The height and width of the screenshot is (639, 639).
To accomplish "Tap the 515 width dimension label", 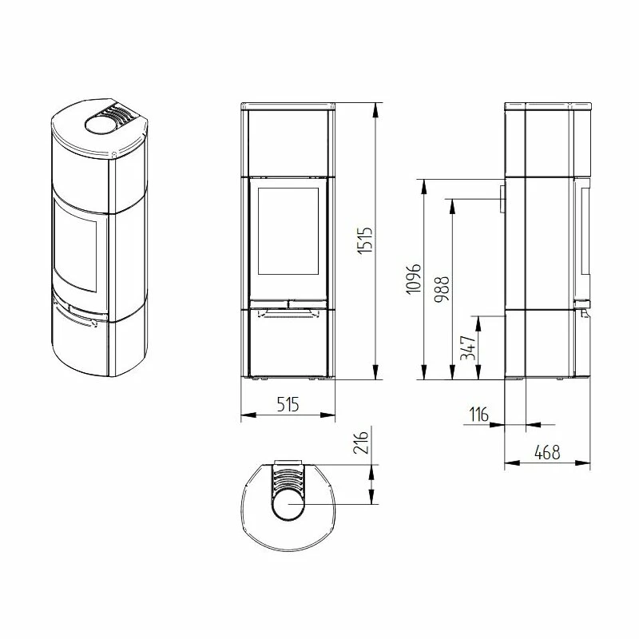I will pos(288,404).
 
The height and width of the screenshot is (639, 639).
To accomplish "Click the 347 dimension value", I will pos(470,349).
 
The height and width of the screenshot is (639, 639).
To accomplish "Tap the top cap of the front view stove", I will pos(288,105).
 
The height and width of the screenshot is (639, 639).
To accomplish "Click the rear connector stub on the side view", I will pos(502,199).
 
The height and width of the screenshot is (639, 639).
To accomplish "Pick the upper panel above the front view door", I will pos(288,141).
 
